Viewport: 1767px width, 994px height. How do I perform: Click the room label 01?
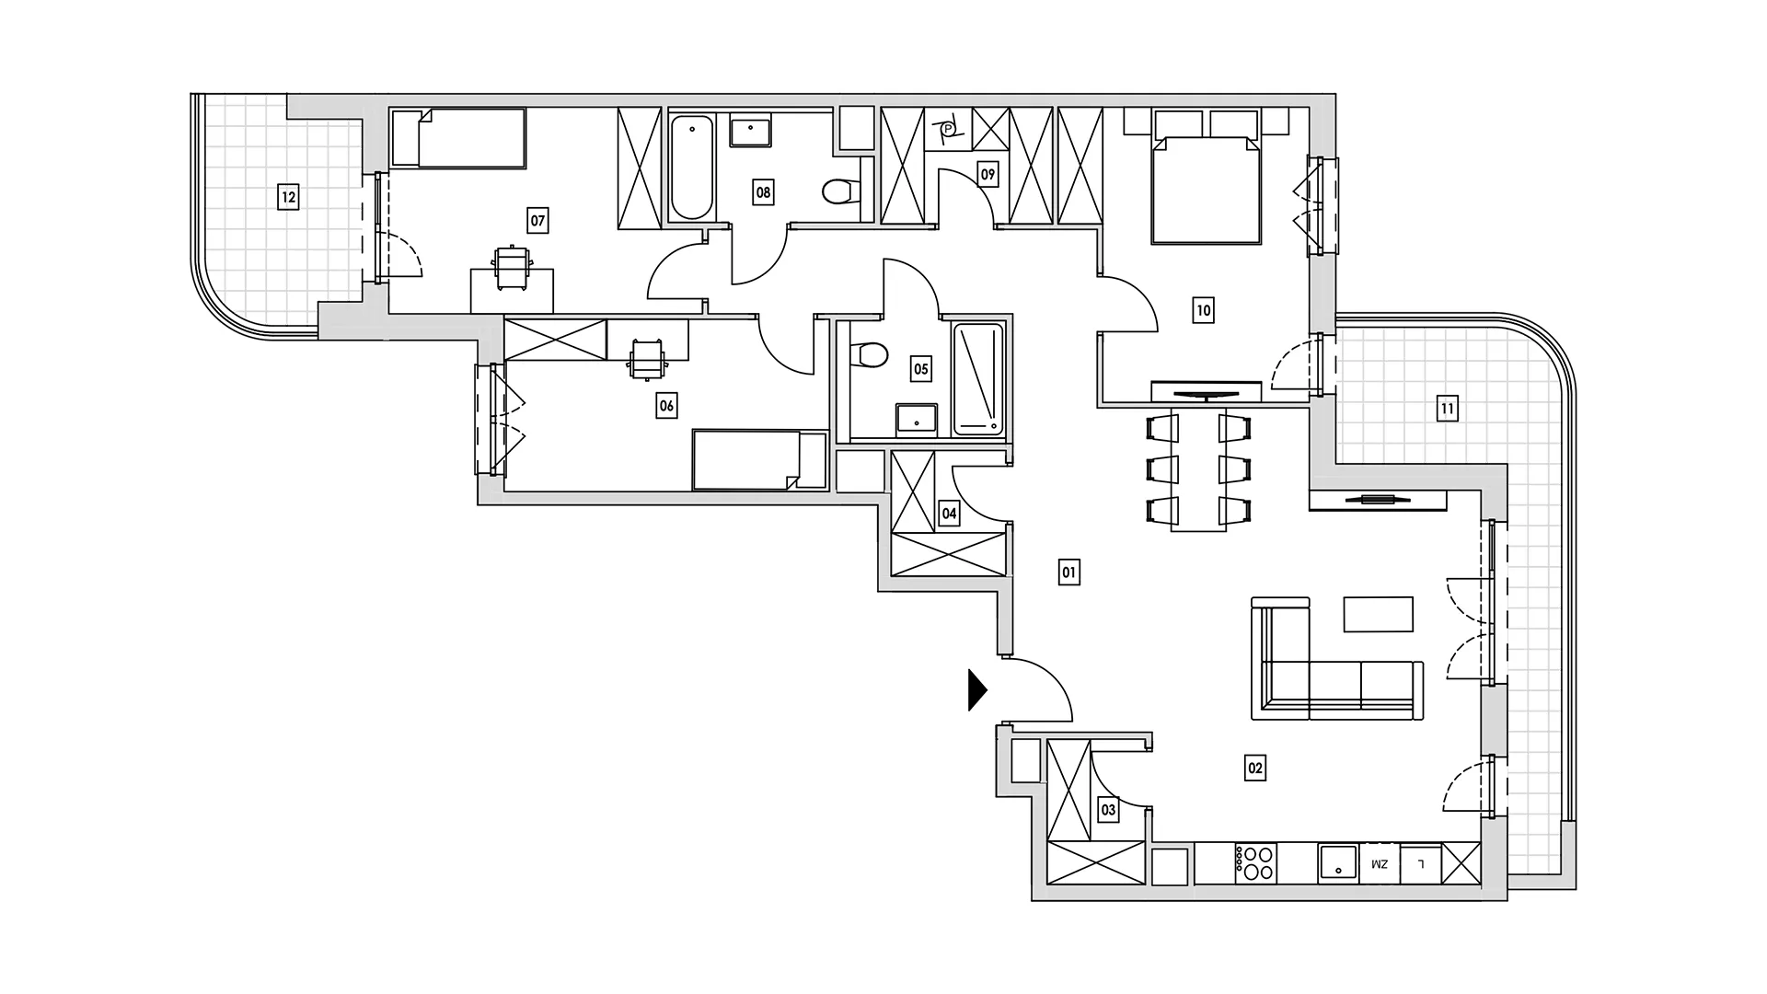point(1068,572)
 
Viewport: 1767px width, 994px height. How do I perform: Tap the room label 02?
point(1254,768)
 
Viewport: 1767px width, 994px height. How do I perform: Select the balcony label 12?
point(288,196)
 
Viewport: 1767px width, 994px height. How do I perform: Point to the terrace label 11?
point(1447,408)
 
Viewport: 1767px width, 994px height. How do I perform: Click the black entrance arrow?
point(977,690)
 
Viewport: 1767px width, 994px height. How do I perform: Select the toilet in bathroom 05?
point(869,354)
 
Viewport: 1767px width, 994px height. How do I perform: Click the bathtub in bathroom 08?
point(692,167)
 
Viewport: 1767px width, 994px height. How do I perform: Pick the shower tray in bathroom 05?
point(977,378)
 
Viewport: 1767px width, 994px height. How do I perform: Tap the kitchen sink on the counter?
point(1339,864)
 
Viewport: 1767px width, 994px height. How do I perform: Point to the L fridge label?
point(1421,864)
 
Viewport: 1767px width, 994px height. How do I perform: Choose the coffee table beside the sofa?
point(1378,615)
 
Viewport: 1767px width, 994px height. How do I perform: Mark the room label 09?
point(987,174)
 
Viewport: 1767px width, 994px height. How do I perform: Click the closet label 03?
point(1108,810)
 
